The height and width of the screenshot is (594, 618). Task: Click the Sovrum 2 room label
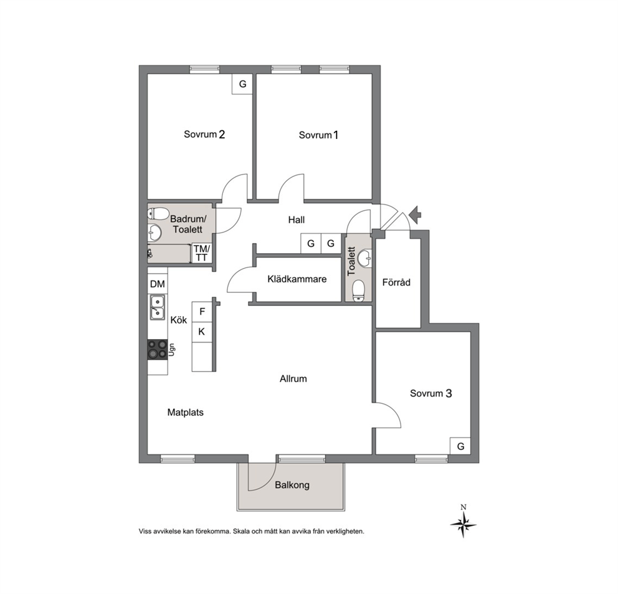pyautogui.click(x=204, y=135)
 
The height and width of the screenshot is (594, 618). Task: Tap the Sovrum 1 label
pyautogui.click(x=318, y=135)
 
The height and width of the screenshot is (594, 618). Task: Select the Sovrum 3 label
pyautogui.click(x=430, y=393)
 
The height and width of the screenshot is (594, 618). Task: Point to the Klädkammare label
pyautogui.click(x=297, y=279)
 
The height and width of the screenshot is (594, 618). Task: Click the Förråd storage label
pyautogui.click(x=396, y=282)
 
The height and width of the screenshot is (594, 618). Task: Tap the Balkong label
pyautogui.click(x=292, y=485)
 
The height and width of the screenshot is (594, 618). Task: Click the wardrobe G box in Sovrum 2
pyautogui.click(x=242, y=84)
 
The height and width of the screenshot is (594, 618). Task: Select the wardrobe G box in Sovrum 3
pyautogui.click(x=460, y=446)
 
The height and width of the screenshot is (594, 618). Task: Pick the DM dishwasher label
pyautogui.click(x=157, y=284)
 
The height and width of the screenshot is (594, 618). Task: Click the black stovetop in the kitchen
pyautogui.click(x=157, y=350)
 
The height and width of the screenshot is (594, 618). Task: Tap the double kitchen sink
pyautogui.click(x=157, y=307)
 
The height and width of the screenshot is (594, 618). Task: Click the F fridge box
pyautogui.click(x=202, y=312)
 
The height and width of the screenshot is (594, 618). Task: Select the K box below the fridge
pyautogui.click(x=202, y=332)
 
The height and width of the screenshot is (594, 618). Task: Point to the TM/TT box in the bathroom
pyautogui.click(x=201, y=253)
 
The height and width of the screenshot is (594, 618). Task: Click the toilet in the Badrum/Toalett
pyautogui.click(x=157, y=214)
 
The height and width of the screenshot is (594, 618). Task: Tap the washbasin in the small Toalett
pyautogui.click(x=365, y=258)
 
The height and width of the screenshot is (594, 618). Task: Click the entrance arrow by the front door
pyautogui.click(x=415, y=214)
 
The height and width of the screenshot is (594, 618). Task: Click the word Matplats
pyautogui.click(x=185, y=413)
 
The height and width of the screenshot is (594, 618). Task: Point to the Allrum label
pyautogui.click(x=293, y=378)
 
